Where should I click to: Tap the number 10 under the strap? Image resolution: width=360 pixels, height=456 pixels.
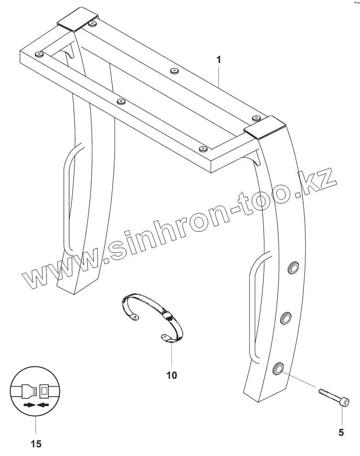coord(171,375)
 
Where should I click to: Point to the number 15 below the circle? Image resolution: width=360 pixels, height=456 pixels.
coord(36,444)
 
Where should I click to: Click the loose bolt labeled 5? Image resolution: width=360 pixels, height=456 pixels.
coord(333,397)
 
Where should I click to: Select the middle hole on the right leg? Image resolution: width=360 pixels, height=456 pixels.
coord(286,317)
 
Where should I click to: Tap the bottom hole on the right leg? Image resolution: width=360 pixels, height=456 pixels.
coord(278,368)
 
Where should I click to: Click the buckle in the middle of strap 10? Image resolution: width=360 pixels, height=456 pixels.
coord(166,316)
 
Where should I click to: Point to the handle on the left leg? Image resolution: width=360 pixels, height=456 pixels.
coord(68,198)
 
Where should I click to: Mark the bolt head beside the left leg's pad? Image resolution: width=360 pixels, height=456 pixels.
coord(93,23)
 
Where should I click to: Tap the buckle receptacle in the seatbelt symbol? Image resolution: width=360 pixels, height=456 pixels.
coord(45,392)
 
